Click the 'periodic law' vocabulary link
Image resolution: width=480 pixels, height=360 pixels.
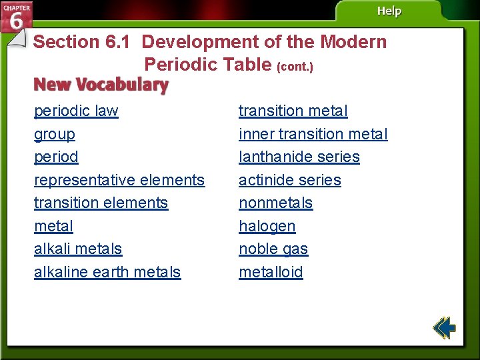click(x=76, y=111)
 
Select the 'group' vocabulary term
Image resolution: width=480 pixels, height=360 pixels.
click(x=55, y=134)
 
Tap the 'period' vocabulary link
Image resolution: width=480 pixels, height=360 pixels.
click(x=56, y=157)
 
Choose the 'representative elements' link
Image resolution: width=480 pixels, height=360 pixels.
click(x=119, y=180)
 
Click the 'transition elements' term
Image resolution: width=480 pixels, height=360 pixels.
click(x=101, y=203)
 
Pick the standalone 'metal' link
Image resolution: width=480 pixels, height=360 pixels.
click(x=53, y=226)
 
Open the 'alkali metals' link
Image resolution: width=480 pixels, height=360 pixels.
click(x=78, y=249)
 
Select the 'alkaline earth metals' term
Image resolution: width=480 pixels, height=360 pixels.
click(x=107, y=272)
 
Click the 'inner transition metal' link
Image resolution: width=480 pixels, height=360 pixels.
click(x=313, y=134)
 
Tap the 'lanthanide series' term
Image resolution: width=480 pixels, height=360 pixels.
click(x=299, y=157)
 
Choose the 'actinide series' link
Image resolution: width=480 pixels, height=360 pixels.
click(x=289, y=180)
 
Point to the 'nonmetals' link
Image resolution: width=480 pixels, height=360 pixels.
click(x=275, y=203)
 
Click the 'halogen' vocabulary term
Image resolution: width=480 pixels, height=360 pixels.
click(x=267, y=226)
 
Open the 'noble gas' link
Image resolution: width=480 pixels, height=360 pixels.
click(x=273, y=249)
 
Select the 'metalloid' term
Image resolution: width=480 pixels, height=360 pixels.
click(x=271, y=272)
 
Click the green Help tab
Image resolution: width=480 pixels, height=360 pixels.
click(x=389, y=11)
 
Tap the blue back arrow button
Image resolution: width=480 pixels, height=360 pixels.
click(x=443, y=327)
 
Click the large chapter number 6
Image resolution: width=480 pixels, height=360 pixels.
click(x=16, y=21)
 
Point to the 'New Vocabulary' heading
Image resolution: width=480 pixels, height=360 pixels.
click(x=101, y=85)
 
